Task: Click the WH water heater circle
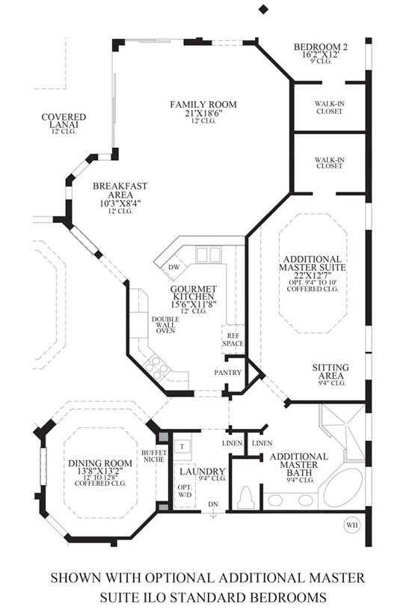click(x=351, y=525)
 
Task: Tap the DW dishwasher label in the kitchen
click(x=174, y=267)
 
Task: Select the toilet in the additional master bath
click(x=245, y=497)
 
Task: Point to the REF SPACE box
click(x=233, y=339)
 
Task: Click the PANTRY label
click(x=228, y=372)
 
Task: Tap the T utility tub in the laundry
click(x=182, y=447)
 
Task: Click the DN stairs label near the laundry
click(x=213, y=504)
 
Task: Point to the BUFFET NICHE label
click(x=154, y=456)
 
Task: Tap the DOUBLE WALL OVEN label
click(x=165, y=325)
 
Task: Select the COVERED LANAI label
click(x=64, y=121)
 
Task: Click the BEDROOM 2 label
click(x=321, y=47)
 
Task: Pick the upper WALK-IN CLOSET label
click(x=330, y=107)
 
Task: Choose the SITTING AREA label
click(x=331, y=371)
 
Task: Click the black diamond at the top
click(x=263, y=9)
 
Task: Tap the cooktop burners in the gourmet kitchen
click(x=156, y=367)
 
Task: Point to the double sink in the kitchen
click(x=209, y=254)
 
